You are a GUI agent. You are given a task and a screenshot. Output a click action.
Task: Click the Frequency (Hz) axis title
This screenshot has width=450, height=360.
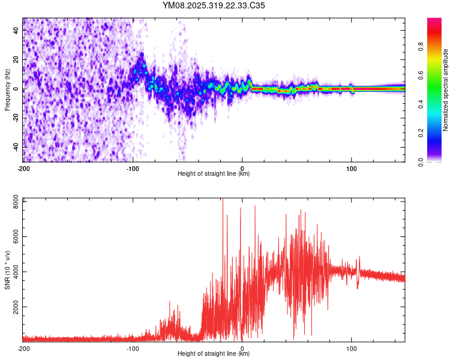7,90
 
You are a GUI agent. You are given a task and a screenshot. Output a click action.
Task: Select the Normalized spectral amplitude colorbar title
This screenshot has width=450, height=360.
445,90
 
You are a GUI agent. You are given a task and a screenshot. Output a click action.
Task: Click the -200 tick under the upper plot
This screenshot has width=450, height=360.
23,168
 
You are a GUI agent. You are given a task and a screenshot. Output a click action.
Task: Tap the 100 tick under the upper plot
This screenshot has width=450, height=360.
352,168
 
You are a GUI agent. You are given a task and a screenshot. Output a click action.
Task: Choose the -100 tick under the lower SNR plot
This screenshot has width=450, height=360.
133,348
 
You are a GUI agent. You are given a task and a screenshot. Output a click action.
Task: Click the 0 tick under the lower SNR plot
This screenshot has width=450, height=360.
242,348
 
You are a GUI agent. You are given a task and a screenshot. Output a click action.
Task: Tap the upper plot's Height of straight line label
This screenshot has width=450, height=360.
214,174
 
